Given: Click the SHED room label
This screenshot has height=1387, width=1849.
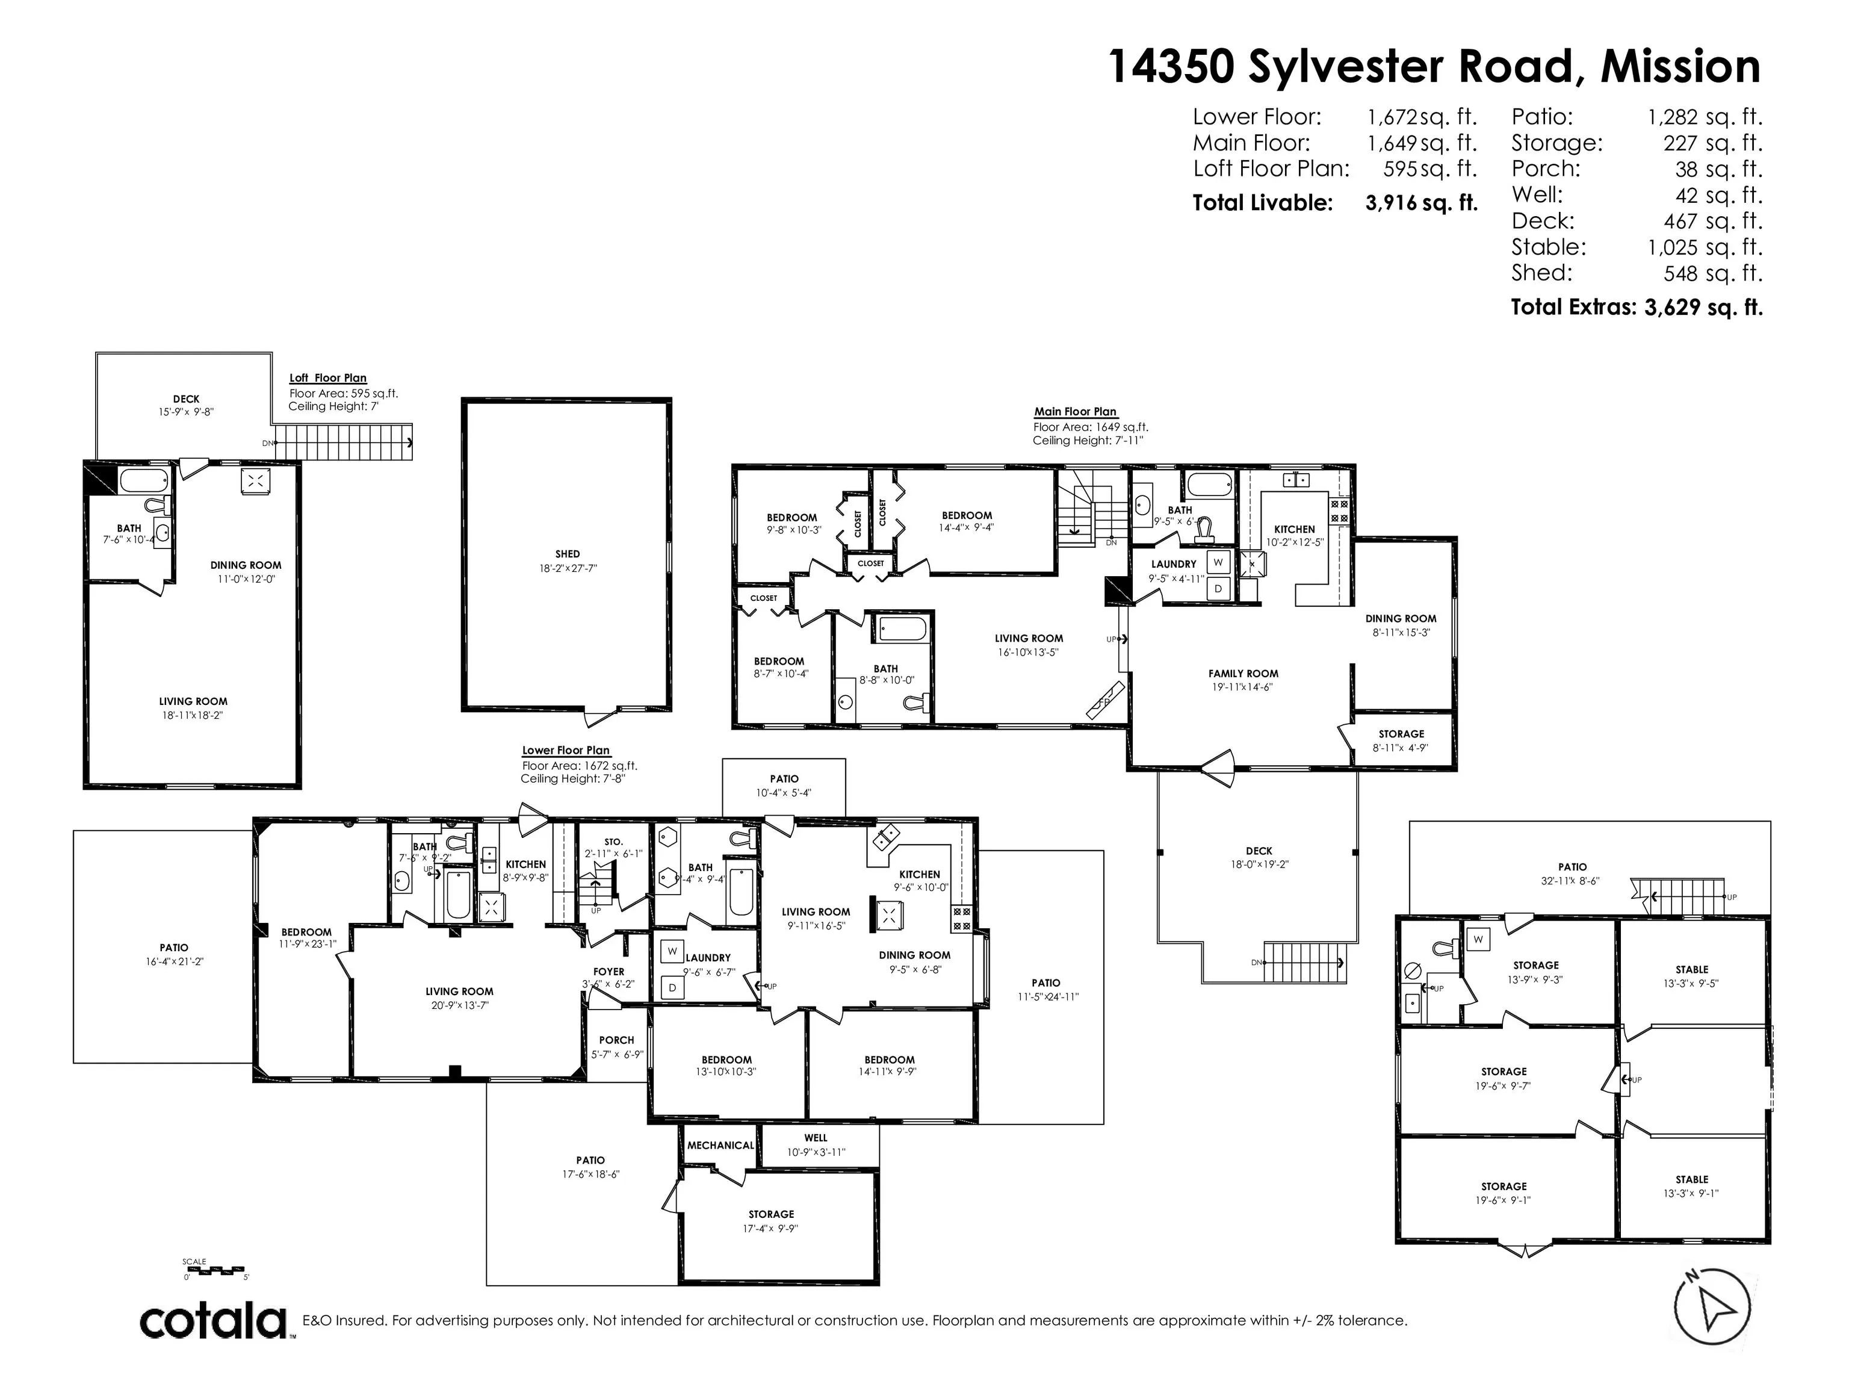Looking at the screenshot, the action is (568, 553).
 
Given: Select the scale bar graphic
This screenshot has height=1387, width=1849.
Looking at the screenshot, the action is (215, 1270).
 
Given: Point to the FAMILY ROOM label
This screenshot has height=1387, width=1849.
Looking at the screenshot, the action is (1243, 673).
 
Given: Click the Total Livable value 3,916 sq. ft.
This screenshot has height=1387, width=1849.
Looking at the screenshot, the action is (1421, 202).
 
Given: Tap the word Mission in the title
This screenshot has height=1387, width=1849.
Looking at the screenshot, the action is (1680, 66).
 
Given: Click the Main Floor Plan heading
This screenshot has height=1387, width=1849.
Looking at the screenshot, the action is (1075, 411).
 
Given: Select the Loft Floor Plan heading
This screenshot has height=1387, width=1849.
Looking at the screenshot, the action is (327, 378).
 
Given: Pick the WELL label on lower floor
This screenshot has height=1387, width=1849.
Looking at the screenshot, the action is (816, 1138).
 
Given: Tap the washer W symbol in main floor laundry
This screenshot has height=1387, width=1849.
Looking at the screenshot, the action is (1218, 562).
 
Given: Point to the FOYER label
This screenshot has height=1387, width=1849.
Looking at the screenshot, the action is (609, 972).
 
